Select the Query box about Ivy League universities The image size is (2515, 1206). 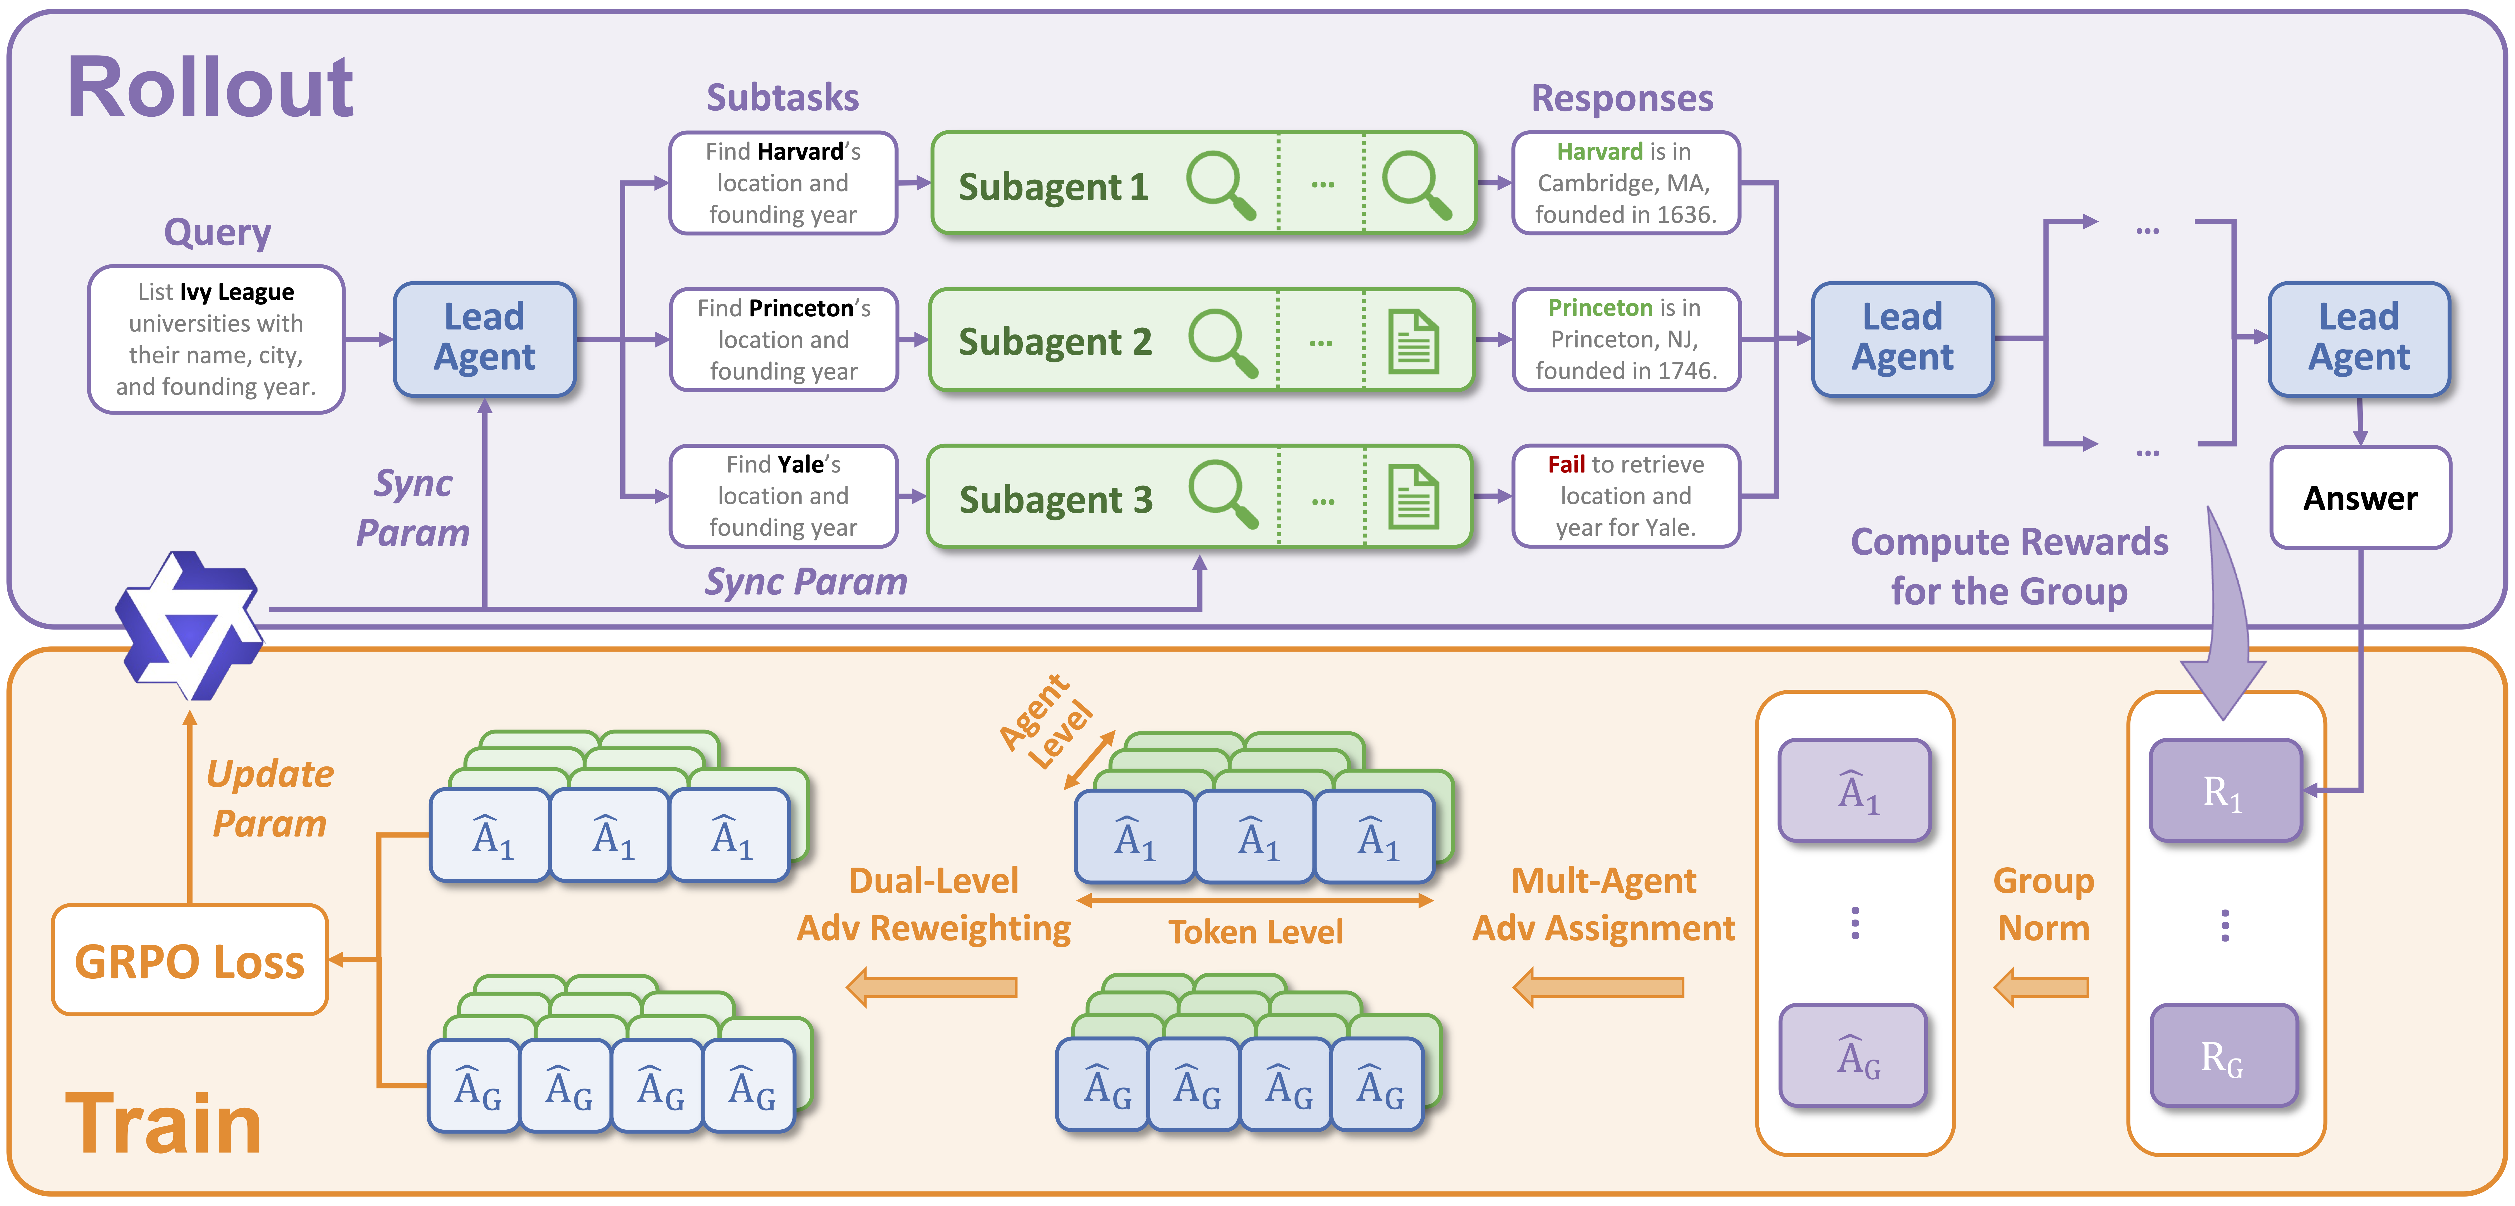216,339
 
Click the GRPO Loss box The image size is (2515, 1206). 189,961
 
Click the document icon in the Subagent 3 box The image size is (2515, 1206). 1413,498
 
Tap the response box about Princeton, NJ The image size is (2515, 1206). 1626,340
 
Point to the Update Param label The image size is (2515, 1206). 269,798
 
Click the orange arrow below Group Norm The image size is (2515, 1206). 2040,987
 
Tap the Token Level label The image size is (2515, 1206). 1256,932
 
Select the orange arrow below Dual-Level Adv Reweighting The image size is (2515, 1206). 932,987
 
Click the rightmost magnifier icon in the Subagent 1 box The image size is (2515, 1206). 1416,184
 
